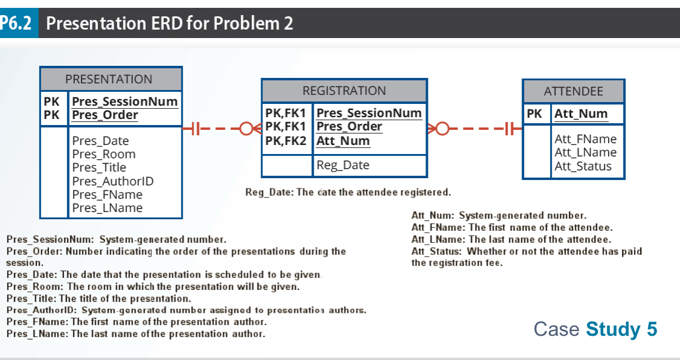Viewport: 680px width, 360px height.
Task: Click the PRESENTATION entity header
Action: click(x=109, y=79)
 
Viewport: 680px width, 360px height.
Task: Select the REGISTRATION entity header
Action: click(x=344, y=91)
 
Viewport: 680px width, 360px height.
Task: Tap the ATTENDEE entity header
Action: click(x=573, y=91)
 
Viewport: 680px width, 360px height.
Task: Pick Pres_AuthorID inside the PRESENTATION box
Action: click(x=112, y=181)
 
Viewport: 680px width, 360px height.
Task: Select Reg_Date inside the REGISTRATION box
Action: click(x=343, y=165)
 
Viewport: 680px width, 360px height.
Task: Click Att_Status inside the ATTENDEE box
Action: click(x=583, y=166)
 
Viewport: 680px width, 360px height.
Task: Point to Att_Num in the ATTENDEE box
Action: click(x=581, y=114)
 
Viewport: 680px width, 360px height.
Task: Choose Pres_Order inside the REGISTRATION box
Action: click(x=349, y=127)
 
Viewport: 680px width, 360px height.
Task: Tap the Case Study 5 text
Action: click(x=595, y=329)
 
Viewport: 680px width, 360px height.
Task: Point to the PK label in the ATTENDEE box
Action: click(x=534, y=114)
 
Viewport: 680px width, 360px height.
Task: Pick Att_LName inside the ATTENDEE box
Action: click(x=585, y=153)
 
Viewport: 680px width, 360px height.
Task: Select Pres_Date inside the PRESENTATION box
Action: click(x=100, y=141)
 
